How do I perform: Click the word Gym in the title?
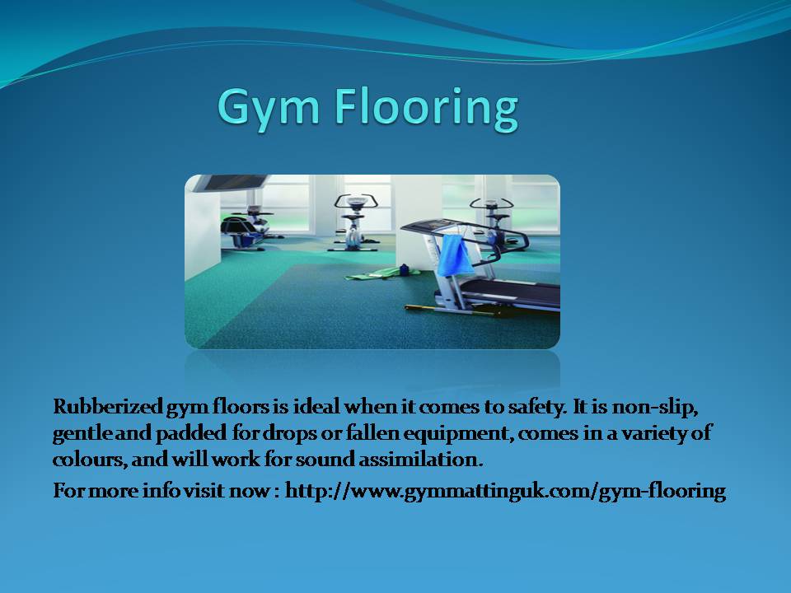[x=269, y=107]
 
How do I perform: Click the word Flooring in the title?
[x=426, y=107]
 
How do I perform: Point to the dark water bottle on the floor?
[x=404, y=270]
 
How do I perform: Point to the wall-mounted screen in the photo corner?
[x=231, y=183]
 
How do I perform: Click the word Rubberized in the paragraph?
[x=108, y=406]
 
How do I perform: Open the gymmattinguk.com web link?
[x=505, y=491]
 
